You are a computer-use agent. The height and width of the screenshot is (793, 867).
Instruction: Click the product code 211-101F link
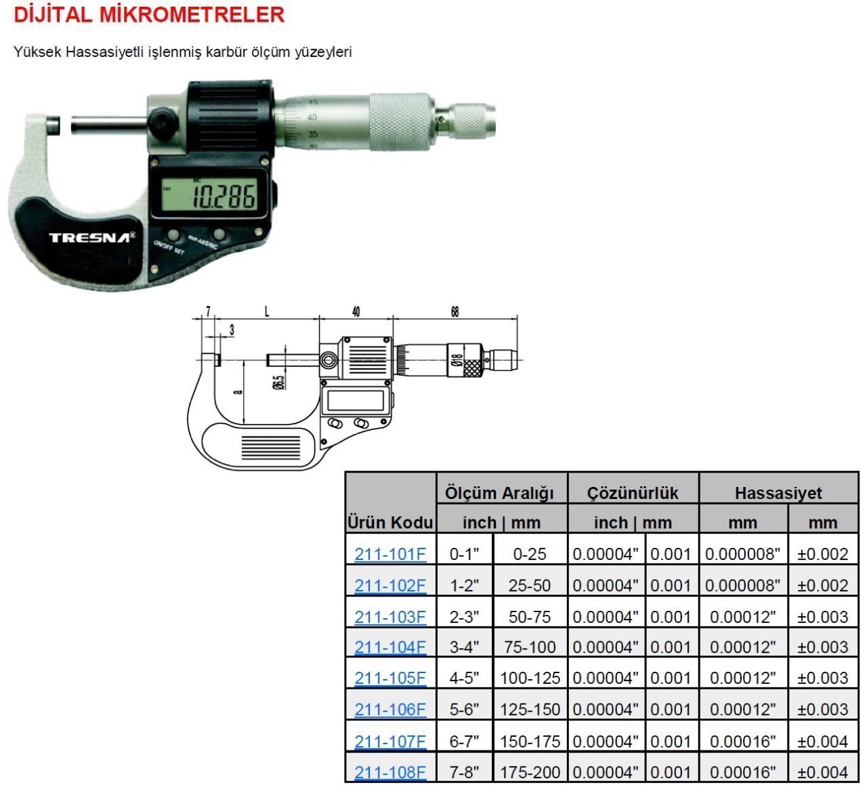(390, 554)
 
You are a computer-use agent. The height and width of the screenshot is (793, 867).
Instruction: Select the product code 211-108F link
(390, 772)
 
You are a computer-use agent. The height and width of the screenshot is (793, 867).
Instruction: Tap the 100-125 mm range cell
(530, 678)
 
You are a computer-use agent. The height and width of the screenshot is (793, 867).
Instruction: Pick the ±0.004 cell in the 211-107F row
(823, 742)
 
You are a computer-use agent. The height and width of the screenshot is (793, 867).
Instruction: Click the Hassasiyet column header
(778, 493)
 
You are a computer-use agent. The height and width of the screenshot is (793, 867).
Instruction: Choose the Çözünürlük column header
(633, 493)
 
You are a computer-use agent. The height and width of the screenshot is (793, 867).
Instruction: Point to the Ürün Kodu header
(390, 523)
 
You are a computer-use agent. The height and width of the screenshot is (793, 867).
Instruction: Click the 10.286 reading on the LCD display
(224, 196)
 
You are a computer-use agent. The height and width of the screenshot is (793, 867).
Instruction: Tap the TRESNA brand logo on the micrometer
(91, 237)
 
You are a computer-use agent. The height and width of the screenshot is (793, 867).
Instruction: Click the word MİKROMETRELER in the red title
(192, 15)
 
